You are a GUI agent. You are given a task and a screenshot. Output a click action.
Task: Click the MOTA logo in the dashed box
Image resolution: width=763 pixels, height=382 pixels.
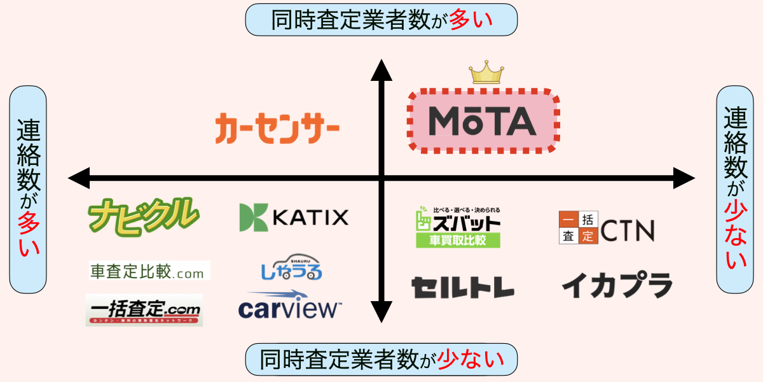click(x=483, y=121)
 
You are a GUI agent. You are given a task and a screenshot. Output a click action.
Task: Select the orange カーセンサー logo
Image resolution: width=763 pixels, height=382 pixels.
click(x=277, y=127)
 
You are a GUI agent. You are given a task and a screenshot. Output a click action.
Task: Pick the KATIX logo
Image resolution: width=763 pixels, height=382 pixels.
click(x=294, y=218)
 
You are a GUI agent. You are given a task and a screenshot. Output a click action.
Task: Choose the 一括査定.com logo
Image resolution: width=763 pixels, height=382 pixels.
click(x=144, y=310)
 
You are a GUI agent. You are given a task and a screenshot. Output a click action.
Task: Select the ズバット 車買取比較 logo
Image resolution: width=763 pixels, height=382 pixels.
click(x=458, y=227)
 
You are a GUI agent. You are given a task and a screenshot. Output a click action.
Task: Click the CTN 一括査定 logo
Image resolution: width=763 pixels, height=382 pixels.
click(x=606, y=228)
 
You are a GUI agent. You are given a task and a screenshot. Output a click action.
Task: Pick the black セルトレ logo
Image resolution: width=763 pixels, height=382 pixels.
click(x=462, y=287)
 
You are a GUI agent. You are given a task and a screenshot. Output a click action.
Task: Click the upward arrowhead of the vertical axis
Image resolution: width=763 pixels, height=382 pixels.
click(x=381, y=69)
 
